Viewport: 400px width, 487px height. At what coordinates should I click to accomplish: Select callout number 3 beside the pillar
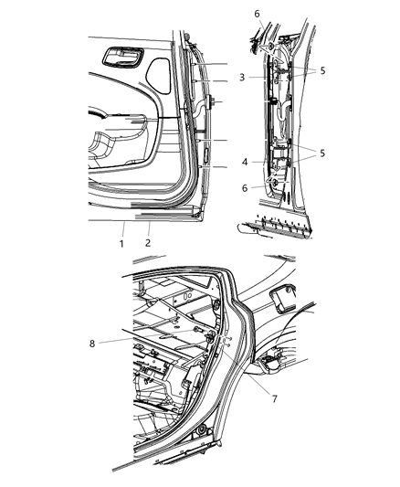241,78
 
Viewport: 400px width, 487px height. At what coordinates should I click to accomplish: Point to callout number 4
245,161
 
